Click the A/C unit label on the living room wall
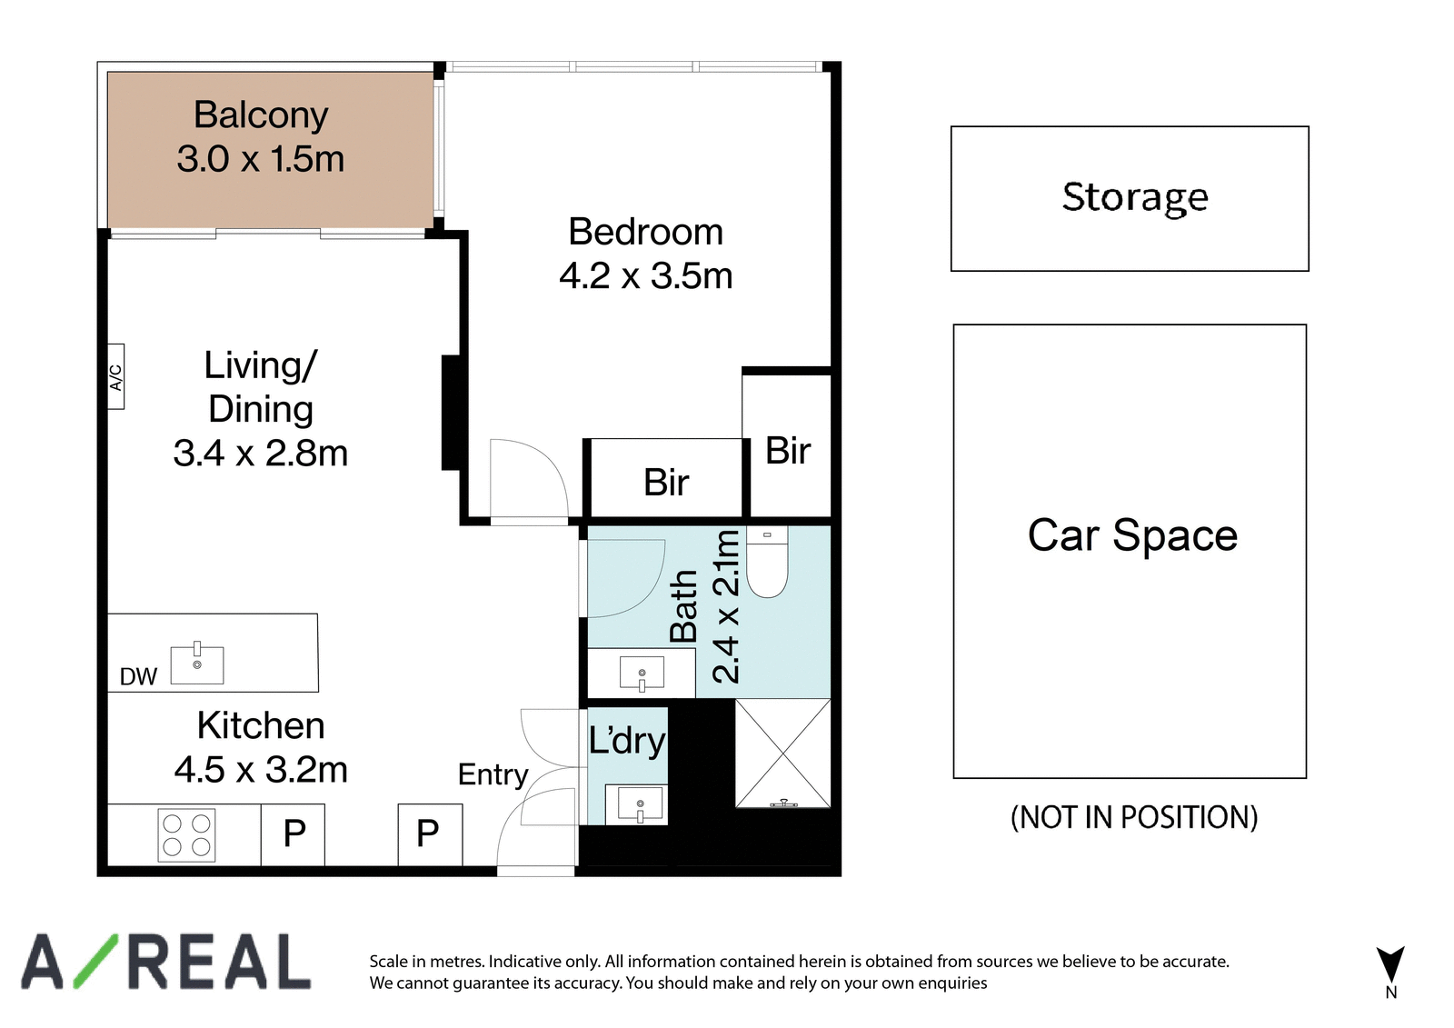[115, 376]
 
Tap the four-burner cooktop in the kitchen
[186, 835]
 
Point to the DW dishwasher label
[138, 676]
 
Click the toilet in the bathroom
[767, 562]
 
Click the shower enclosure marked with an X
[782, 754]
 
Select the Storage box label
[1135, 196]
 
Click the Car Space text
[1132, 535]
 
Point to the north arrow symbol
[1390, 963]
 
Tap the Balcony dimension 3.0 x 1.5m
[260, 159]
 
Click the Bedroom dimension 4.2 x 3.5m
[646, 276]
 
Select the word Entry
[493, 775]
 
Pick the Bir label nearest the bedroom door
[666, 483]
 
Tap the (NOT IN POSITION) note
[1134, 817]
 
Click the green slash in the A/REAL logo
[95, 961]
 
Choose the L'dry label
[627, 740]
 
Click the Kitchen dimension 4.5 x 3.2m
[261, 770]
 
